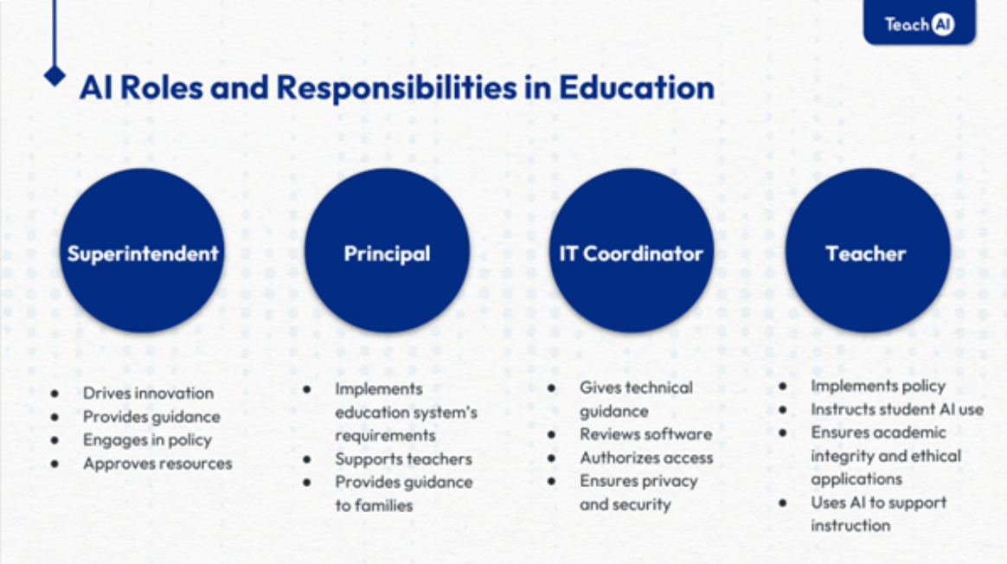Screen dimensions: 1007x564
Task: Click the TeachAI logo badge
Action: [x=919, y=22]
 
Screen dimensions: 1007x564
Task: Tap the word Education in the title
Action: [x=636, y=87]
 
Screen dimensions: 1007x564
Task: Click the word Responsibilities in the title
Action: [x=396, y=88]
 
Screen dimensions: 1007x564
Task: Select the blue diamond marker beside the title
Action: [x=55, y=75]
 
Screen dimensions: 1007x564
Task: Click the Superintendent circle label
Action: [x=143, y=253]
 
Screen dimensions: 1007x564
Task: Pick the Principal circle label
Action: [x=387, y=253]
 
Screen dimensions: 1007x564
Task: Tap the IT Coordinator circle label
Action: [x=631, y=253]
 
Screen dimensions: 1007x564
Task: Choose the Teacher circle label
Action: [x=866, y=253]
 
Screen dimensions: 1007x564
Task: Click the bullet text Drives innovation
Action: [x=148, y=393]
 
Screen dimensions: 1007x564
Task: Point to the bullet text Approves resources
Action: [x=157, y=463]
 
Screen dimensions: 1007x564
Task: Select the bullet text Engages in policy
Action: [x=147, y=440]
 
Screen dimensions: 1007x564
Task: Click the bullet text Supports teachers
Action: [x=403, y=458]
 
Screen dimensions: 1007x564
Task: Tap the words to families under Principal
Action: [x=374, y=505]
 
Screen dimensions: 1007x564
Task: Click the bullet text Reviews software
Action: [x=645, y=434]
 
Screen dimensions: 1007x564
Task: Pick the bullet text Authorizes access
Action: [x=646, y=458]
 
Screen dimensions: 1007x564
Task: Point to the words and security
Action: [x=625, y=504]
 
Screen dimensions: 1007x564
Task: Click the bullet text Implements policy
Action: [x=878, y=386]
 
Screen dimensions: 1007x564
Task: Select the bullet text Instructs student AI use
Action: [x=897, y=409]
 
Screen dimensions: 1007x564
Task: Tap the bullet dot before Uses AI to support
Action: [x=783, y=503]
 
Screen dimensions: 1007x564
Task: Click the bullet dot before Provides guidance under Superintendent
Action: [x=55, y=417]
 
